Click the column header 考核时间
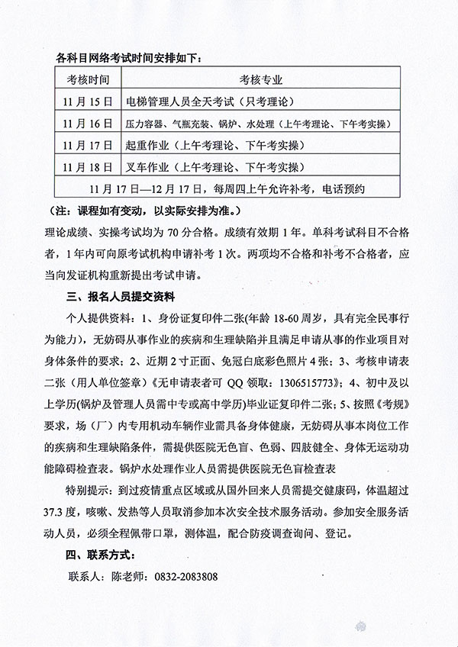88,79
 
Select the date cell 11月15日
88,101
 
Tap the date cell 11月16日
88,123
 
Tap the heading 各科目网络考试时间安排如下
131,57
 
